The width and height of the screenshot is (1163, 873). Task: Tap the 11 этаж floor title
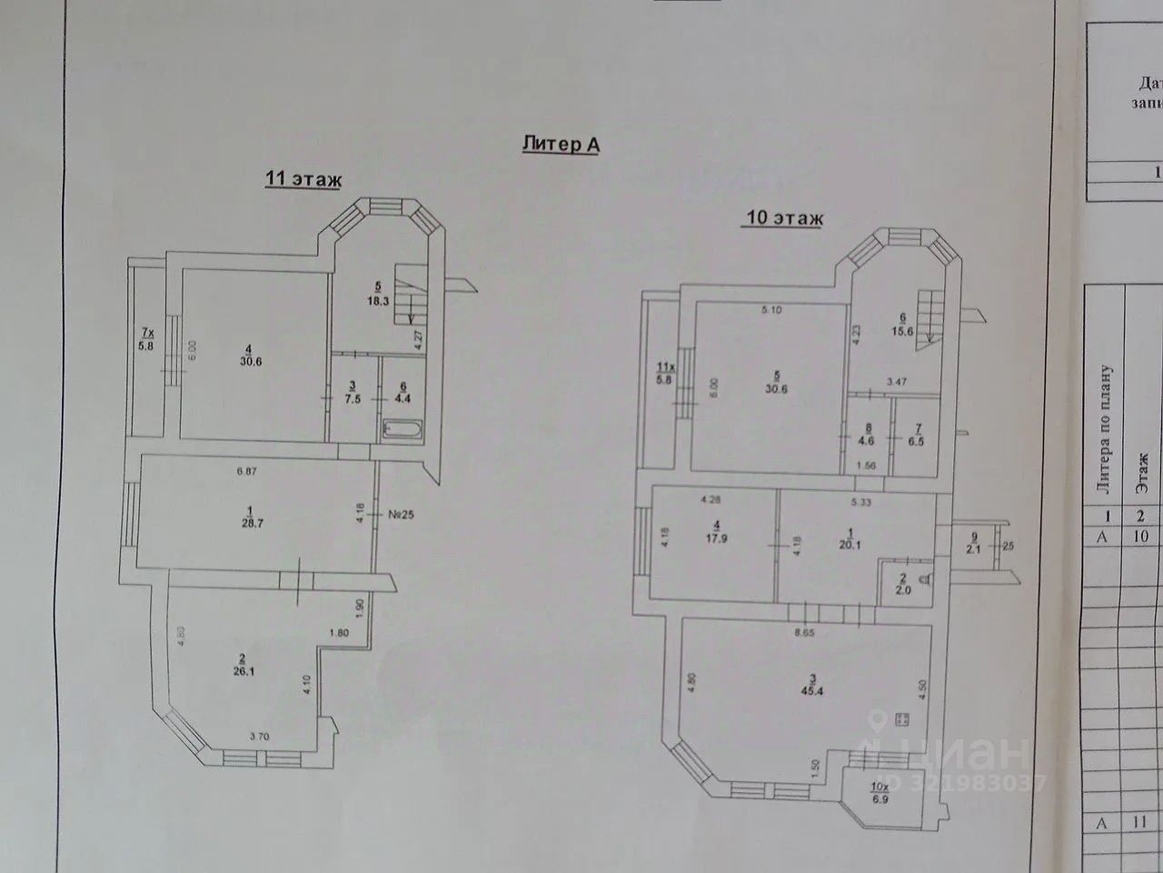point(303,179)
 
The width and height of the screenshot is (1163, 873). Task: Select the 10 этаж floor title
point(784,218)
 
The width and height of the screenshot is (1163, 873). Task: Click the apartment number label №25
point(400,513)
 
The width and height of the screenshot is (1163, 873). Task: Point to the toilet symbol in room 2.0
point(923,580)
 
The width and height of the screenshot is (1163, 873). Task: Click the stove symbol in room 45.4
point(903,719)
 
